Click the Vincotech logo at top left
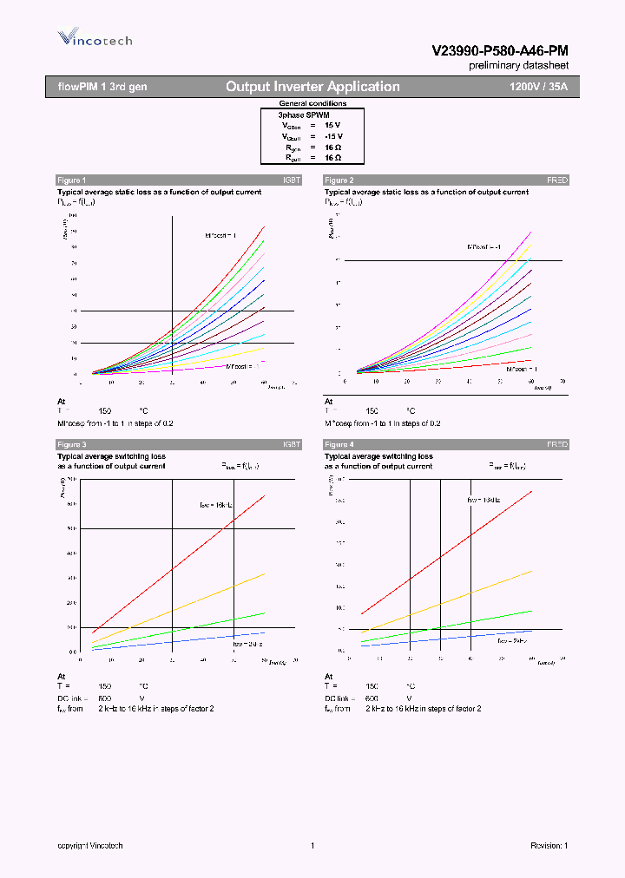click(x=95, y=38)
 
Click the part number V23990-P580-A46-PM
click(x=500, y=51)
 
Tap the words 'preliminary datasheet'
click(x=519, y=66)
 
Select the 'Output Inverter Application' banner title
click(x=312, y=87)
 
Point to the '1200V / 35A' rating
click(x=538, y=87)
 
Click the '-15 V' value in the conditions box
click(x=333, y=136)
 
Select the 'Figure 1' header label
click(x=71, y=180)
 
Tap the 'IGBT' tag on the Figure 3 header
click(x=292, y=444)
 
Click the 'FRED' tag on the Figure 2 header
click(x=556, y=180)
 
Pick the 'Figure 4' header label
click(x=339, y=444)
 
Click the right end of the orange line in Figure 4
click(x=531, y=571)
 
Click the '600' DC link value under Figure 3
click(x=104, y=698)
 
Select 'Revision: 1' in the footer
click(x=549, y=846)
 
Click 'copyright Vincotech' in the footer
click(x=90, y=846)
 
